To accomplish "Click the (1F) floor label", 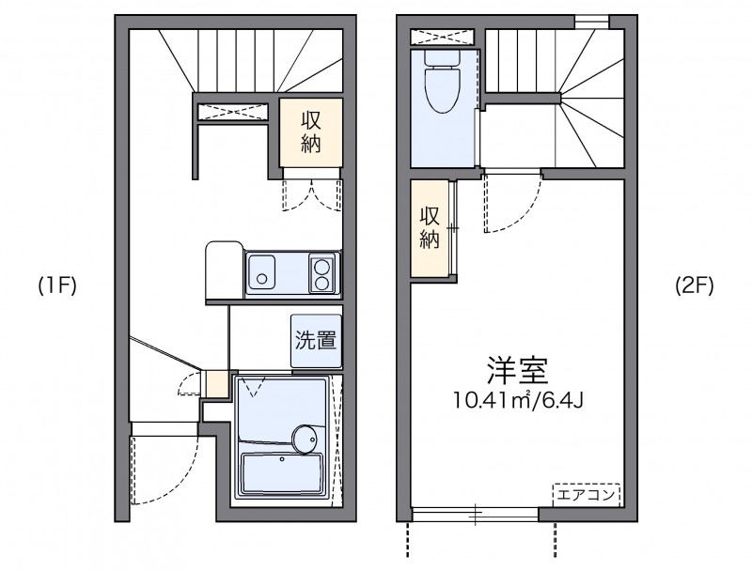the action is [57, 286].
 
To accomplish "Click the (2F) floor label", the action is [694, 286].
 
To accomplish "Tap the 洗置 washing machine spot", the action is [316, 341].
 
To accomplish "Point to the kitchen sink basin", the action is [261, 271].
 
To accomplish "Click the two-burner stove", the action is [322, 272].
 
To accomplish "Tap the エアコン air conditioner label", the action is [586, 495].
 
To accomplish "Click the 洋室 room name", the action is [518, 370].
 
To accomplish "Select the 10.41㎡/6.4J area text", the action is [519, 399].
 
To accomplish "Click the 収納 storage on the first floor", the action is [311, 132].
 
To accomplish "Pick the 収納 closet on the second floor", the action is [430, 228].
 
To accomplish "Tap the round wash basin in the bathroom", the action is [304, 439].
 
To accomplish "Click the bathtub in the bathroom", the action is [282, 473].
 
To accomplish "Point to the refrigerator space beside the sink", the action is [225, 270].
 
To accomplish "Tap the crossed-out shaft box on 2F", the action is [442, 38].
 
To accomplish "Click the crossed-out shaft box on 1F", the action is [232, 111].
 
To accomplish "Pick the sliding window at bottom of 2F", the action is [475, 514].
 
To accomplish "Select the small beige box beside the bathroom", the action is [215, 383].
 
